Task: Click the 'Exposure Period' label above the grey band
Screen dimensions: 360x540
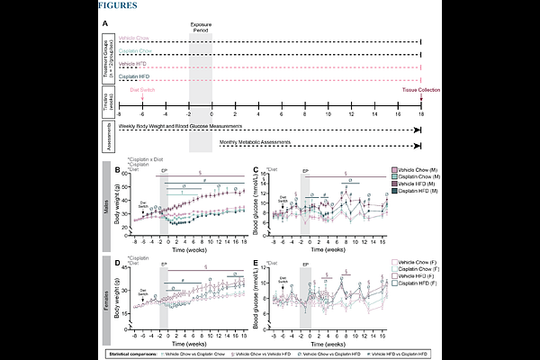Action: tap(200, 31)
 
